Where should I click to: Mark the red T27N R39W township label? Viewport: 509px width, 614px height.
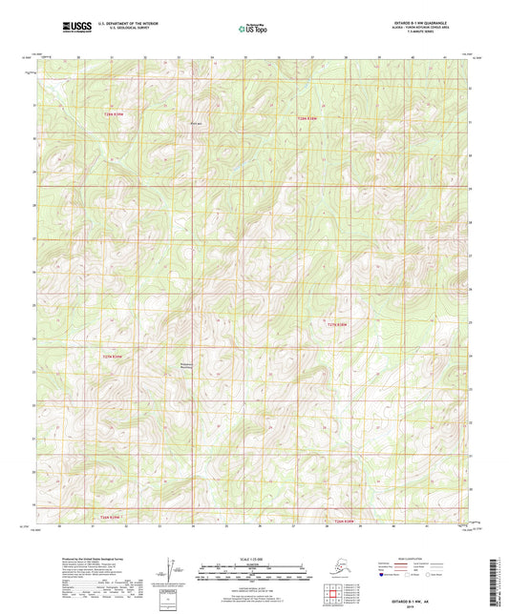(x=113, y=357)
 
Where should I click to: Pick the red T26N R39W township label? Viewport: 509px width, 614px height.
(x=112, y=518)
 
